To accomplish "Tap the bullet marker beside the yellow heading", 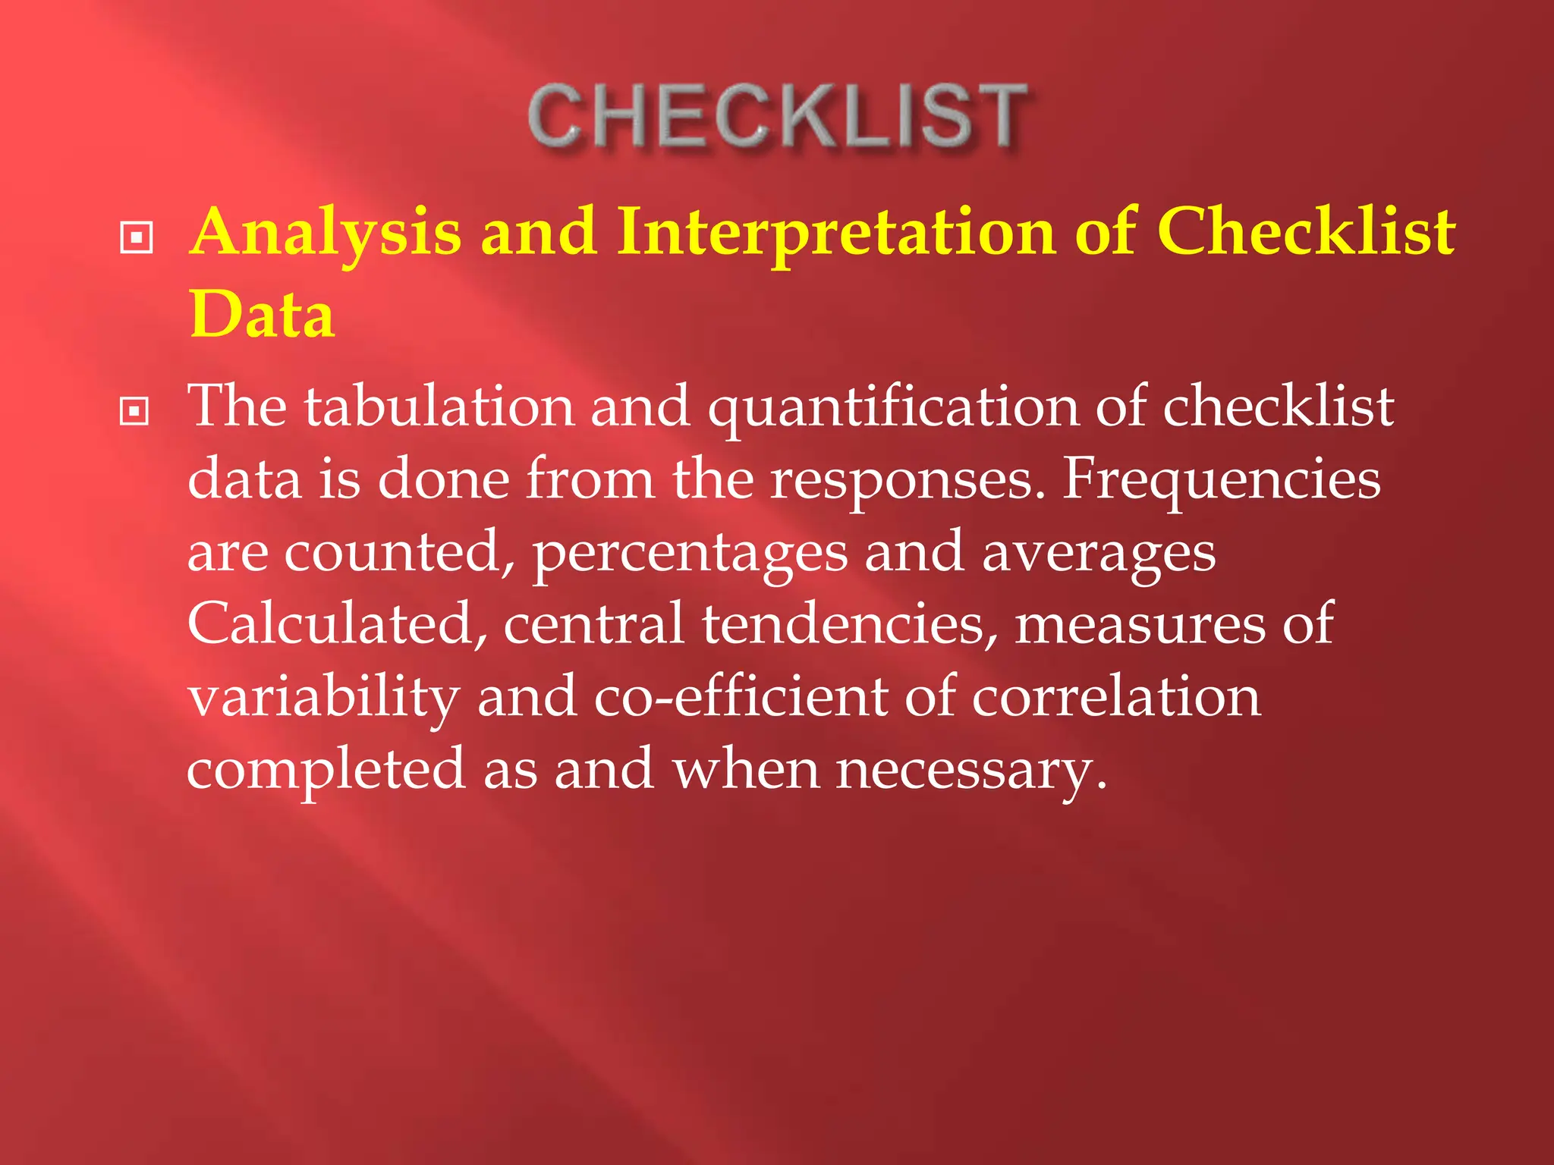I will click(137, 237).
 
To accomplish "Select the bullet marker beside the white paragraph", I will click(135, 411).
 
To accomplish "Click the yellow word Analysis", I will click(326, 232).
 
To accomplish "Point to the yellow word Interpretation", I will click(835, 232).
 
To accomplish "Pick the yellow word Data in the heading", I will click(262, 315).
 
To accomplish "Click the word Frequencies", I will click(1221, 479).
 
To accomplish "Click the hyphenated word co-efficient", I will click(740, 696).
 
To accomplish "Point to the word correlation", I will click(1116, 696).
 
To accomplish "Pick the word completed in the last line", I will click(326, 769).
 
